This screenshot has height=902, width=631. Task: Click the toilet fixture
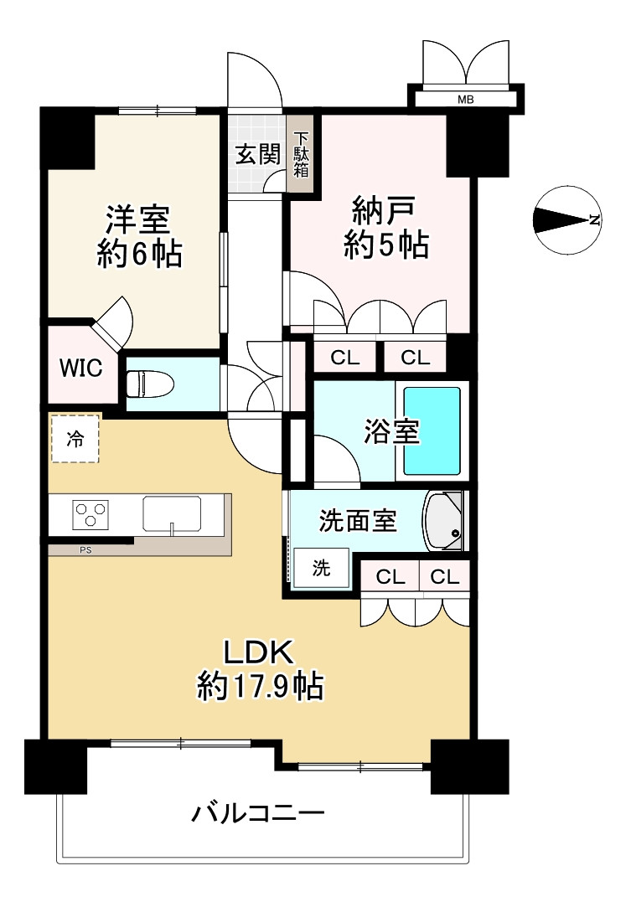(150, 384)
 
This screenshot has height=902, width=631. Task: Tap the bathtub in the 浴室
(432, 430)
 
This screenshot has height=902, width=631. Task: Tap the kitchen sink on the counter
(172, 513)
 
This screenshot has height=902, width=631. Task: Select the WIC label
(80, 368)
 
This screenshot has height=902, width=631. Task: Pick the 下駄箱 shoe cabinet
(301, 155)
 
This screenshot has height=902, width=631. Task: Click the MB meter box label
(465, 100)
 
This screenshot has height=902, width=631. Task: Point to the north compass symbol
(567, 220)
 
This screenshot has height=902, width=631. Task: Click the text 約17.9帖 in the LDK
(261, 687)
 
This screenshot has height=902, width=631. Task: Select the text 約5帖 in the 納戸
(386, 245)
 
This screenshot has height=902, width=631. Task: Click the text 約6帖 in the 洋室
(138, 255)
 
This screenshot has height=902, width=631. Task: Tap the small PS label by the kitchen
(85, 550)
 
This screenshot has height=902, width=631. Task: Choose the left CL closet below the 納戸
(344, 358)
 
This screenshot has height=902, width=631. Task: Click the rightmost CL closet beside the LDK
(446, 577)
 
